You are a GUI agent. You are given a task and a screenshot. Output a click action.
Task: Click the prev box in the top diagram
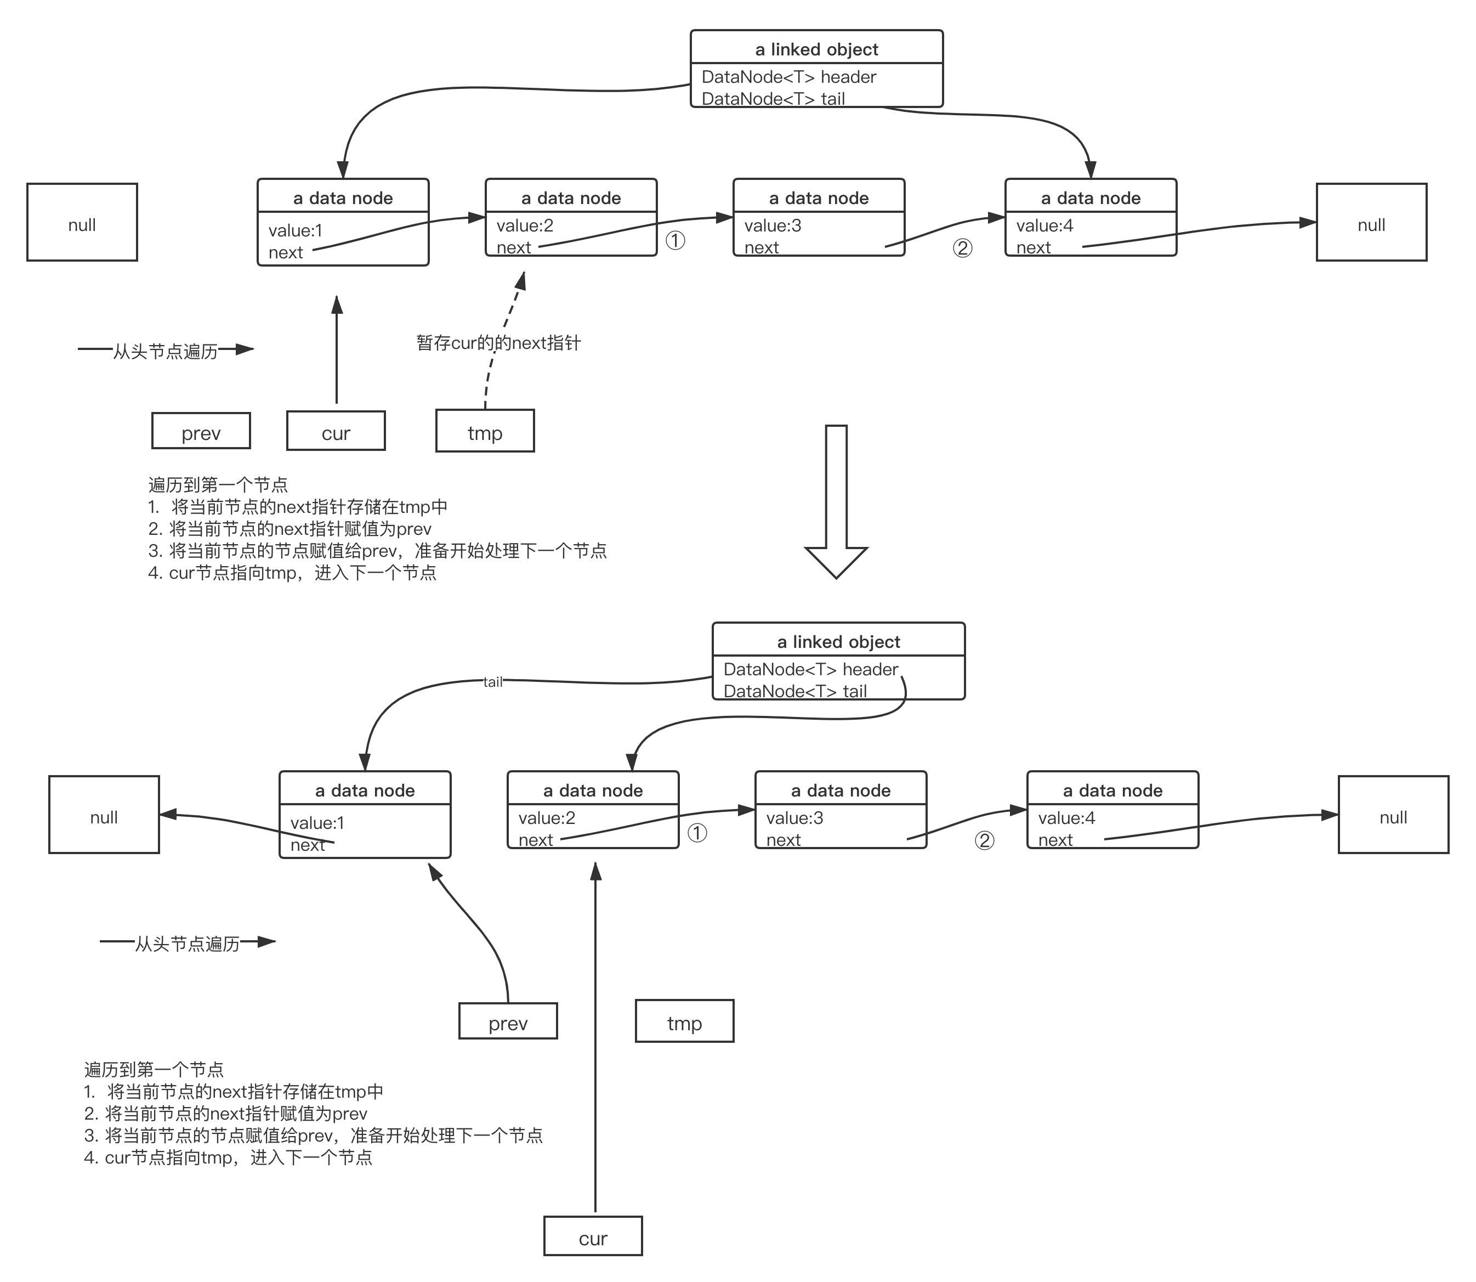201,431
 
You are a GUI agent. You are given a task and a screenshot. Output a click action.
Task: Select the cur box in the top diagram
336,431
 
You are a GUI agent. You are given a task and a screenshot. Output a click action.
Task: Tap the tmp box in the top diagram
485,431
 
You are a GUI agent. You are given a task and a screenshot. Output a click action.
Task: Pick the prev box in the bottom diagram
508,1021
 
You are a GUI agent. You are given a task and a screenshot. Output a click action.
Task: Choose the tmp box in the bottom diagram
684,1021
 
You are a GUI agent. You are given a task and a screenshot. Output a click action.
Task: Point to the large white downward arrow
836,501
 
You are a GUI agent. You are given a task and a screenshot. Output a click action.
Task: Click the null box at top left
82,223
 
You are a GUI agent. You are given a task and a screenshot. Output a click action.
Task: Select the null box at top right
1371,223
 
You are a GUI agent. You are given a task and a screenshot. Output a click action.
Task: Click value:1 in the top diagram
296,230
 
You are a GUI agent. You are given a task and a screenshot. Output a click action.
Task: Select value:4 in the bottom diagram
1066,818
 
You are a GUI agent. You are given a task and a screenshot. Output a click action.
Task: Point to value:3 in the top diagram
773,225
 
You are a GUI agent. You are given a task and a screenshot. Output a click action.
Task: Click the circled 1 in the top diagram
675,240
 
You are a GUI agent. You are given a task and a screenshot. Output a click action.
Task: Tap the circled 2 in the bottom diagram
984,840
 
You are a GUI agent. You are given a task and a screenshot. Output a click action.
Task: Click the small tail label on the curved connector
493,681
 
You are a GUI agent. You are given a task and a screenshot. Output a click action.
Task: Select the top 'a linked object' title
816,49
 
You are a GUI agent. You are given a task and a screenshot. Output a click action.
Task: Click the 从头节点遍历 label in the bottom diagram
188,944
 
